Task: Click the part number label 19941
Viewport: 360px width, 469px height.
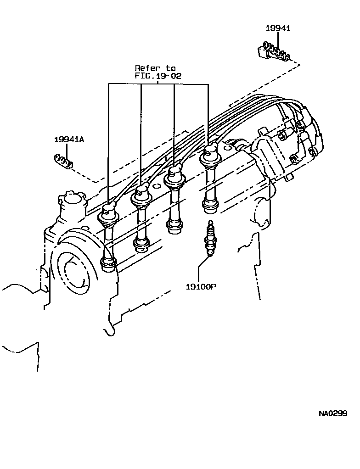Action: (x=278, y=28)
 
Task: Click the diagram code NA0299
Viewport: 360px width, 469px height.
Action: (x=333, y=413)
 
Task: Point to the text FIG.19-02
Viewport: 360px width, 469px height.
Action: (x=158, y=76)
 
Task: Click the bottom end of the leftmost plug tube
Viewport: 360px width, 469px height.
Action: (x=108, y=264)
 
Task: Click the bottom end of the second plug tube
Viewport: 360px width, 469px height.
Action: (x=141, y=245)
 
